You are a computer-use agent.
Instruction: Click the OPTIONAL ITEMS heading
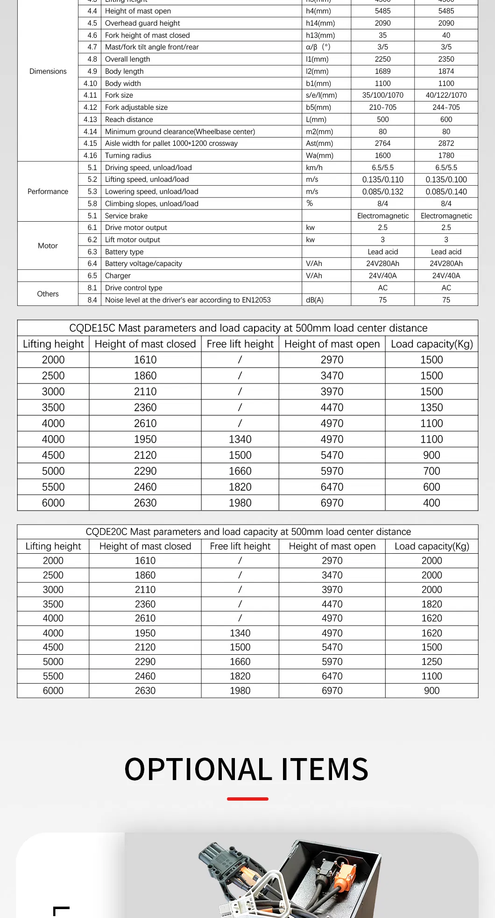pos(247,770)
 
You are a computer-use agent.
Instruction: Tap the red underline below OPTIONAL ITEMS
pos(247,799)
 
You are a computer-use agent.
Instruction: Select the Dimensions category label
pos(48,71)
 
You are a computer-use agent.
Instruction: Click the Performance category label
pos(48,191)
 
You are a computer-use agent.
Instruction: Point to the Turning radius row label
pos(128,155)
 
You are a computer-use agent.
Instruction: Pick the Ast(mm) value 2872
pos(446,143)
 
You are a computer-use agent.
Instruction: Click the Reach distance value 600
pos(446,119)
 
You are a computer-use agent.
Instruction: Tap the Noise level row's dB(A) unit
pos(315,300)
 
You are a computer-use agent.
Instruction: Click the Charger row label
pos(118,275)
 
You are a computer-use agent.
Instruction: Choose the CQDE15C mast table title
pos(248,328)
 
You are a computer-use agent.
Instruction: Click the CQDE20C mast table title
pos(248,532)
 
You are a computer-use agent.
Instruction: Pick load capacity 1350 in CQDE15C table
pos(431,407)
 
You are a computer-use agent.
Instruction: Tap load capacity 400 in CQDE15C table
pos(431,503)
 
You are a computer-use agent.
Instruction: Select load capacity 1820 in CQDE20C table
pos(431,604)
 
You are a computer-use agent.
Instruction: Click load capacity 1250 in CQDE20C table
pos(431,661)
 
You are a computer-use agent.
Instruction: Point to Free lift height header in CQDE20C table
pos(240,546)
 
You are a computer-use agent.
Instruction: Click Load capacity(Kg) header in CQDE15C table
pos(431,344)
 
